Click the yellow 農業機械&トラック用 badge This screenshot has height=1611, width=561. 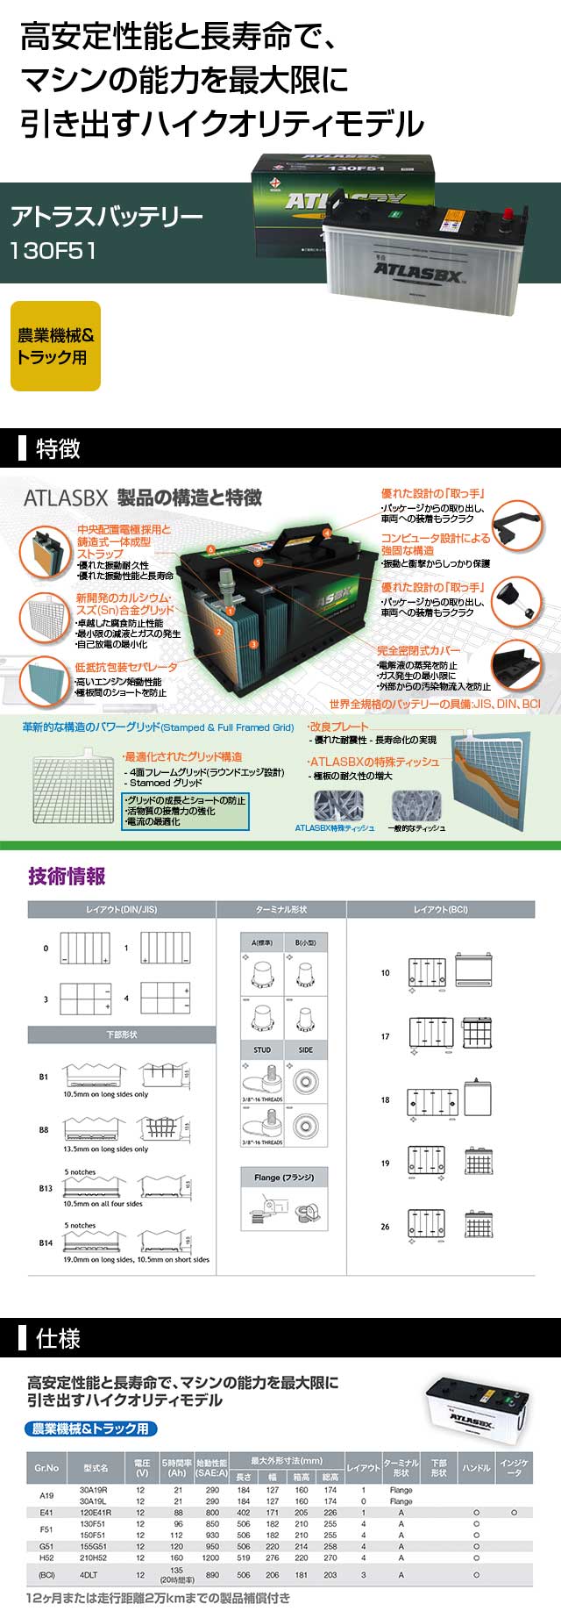point(55,347)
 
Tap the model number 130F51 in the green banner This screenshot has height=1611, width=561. point(53,250)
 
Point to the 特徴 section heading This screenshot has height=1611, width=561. point(58,449)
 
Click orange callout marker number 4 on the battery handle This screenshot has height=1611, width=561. point(327,533)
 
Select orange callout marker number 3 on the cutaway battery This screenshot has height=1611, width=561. point(253,644)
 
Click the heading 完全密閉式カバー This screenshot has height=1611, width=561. point(418,650)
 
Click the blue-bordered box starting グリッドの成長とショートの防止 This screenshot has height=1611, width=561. point(185,811)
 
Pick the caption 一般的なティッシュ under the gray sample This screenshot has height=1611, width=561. point(416,827)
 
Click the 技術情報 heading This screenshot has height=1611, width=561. point(67,876)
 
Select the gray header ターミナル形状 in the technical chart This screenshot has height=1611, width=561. point(280,910)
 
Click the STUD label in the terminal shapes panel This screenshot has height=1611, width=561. point(262,1049)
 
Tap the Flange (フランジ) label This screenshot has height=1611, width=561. point(284,1178)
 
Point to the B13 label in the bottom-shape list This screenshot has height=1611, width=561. point(45,1188)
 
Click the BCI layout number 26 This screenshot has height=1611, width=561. point(385,1227)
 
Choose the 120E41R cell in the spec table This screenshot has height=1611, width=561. point(94,1513)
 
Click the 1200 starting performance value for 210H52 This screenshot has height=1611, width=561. point(211,1558)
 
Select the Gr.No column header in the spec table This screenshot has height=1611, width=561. point(46,1468)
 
